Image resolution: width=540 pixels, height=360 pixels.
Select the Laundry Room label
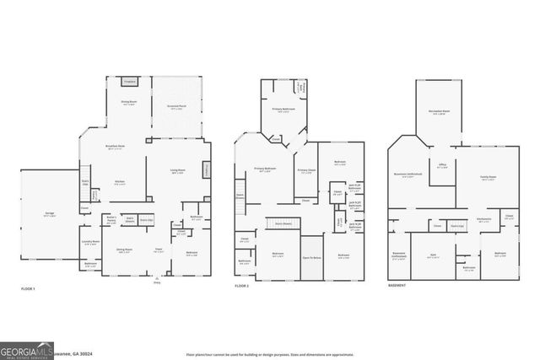point(91,243)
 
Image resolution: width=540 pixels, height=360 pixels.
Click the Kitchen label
point(121,182)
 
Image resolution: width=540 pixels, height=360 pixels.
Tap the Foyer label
point(157,250)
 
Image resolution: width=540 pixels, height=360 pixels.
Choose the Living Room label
point(179,171)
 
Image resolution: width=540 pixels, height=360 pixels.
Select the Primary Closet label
point(305,171)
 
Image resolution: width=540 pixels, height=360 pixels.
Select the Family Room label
point(487,178)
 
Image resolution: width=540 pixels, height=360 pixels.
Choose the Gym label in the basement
point(433,256)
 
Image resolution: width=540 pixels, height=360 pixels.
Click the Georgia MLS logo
point(25,347)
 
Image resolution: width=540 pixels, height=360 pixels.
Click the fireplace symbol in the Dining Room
point(129,81)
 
